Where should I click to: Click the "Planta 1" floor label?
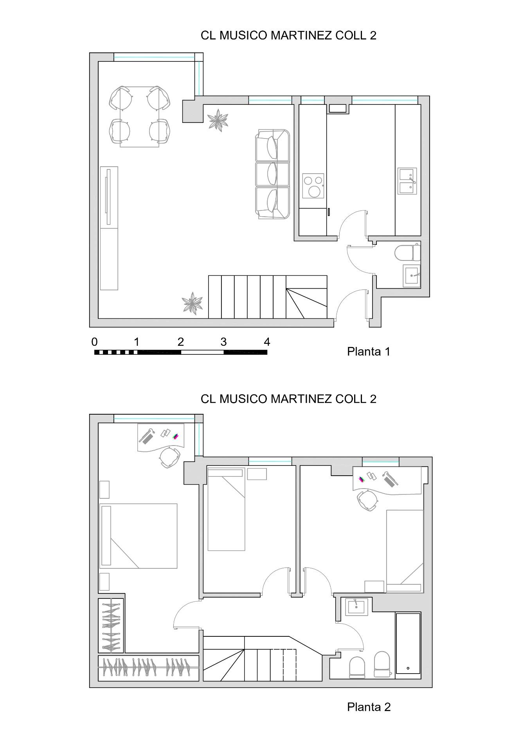[369, 352]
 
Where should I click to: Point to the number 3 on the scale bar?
[223, 342]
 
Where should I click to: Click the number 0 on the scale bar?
[94, 342]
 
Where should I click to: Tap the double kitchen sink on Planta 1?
[407, 181]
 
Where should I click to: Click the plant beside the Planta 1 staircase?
[193, 303]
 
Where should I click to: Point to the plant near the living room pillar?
[218, 120]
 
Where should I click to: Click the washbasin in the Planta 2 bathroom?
[357, 607]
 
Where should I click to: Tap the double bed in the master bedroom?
[139, 536]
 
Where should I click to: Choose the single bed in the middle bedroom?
[226, 509]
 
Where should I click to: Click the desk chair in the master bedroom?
[170, 457]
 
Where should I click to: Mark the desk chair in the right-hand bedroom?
[367, 500]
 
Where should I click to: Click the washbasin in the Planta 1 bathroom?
[412, 276]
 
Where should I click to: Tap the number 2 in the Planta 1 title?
[373, 36]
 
